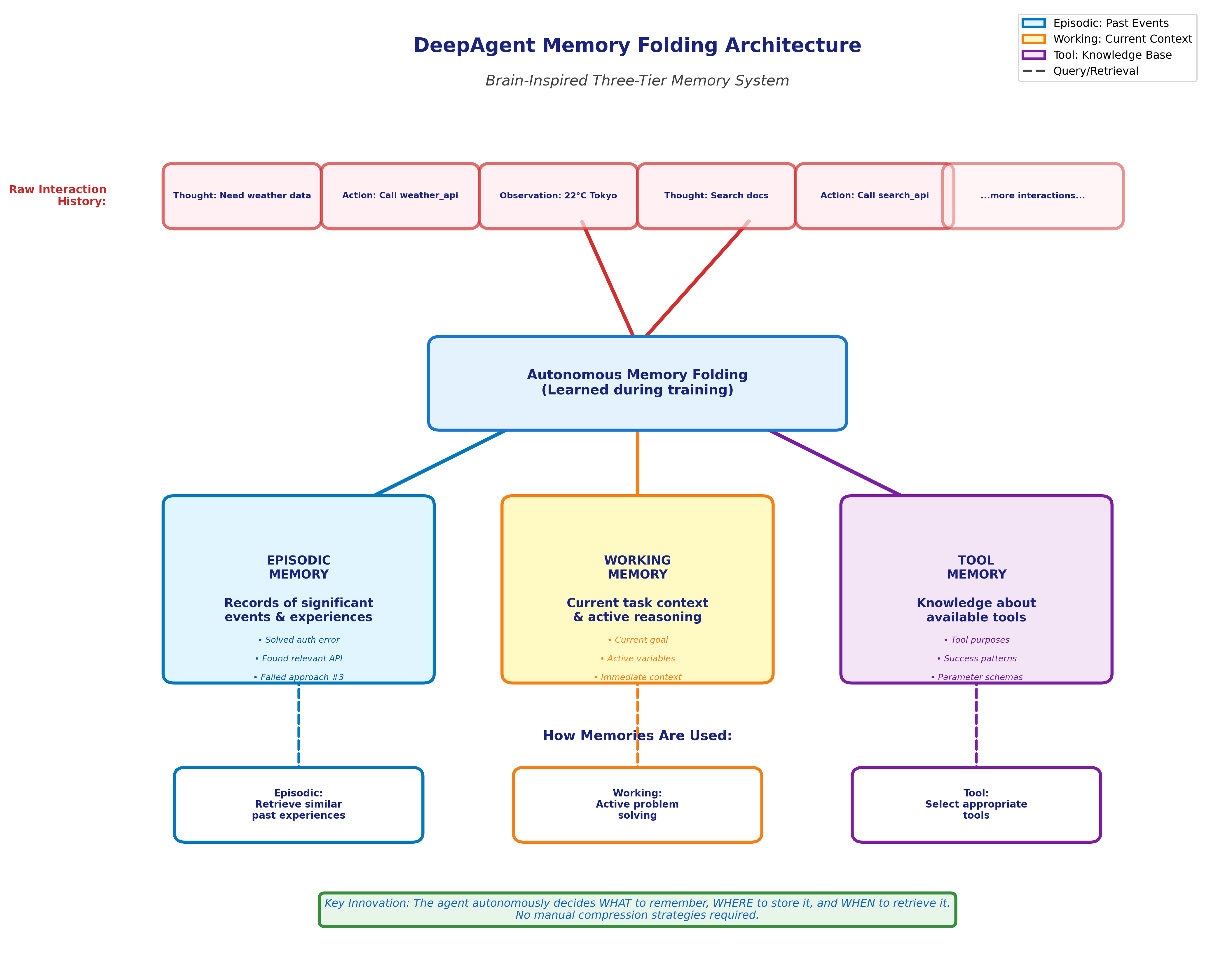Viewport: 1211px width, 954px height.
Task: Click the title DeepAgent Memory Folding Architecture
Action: click(637, 45)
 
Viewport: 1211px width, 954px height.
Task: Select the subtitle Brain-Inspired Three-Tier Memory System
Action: click(637, 81)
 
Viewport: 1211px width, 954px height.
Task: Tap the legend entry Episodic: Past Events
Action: click(1110, 23)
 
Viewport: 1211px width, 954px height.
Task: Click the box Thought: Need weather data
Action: click(242, 195)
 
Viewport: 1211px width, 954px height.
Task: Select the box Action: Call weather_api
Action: click(400, 195)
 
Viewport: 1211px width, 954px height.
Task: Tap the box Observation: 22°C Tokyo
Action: click(558, 195)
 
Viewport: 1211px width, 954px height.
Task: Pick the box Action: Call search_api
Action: click(874, 195)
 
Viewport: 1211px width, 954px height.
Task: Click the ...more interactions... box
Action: click(1032, 195)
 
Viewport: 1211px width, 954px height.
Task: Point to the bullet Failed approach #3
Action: click(299, 677)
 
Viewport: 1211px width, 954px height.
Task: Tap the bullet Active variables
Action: click(637, 658)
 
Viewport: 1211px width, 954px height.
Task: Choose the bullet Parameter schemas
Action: click(976, 677)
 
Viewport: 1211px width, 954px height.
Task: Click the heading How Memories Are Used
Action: click(637, 735)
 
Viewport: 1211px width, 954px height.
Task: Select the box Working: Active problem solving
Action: click(637, 804)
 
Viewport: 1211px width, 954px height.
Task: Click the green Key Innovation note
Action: click(637, 909)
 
